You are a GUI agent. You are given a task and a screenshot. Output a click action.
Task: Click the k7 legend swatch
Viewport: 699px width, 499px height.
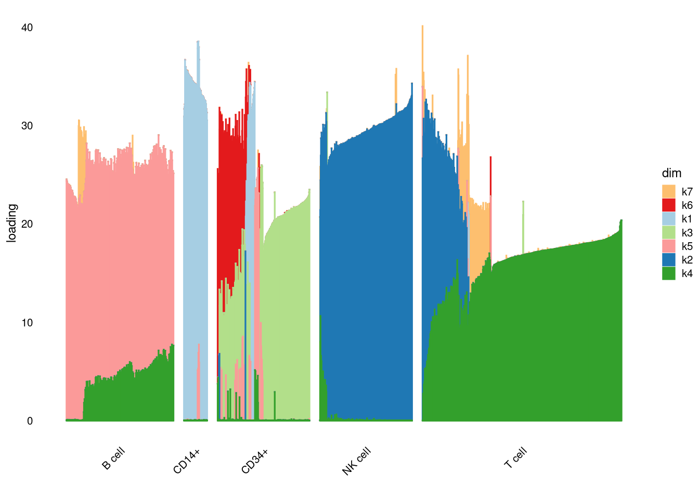[x=668, y=191]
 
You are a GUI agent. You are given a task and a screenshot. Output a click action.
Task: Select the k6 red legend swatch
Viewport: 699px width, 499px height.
[x=668, y=205]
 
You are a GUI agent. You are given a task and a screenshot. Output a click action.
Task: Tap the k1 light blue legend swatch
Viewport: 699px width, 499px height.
[x=668, y=219]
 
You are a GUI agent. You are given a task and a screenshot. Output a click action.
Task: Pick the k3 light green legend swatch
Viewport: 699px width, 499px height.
[x=668, y=232]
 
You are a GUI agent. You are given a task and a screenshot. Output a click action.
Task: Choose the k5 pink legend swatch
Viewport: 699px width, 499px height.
[x=668, y=246]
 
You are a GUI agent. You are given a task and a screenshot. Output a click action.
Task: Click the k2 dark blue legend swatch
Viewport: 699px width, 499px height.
[x=668, y=260]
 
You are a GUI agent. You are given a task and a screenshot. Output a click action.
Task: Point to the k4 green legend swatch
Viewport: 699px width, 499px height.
[x=668, y=273]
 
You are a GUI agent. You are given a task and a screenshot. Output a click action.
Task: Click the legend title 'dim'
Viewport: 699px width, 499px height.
[x=671, y=173]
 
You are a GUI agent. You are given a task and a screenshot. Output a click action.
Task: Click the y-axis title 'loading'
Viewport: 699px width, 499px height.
[x=11, y=223]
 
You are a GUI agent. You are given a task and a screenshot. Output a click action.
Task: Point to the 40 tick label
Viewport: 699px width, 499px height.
[x=27, y=28]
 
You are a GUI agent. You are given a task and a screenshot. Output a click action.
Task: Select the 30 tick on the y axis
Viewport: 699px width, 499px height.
[x=27, y=126]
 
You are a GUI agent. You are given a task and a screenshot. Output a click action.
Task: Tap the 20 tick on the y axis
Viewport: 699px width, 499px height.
[x=27, y=224]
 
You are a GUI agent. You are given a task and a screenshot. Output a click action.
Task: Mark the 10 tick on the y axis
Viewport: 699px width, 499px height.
[x=27, y=323]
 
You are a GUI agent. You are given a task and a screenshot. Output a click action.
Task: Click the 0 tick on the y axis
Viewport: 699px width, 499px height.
[x=30, y=421]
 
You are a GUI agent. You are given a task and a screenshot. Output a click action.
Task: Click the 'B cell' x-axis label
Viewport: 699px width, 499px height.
[x=113, y=458]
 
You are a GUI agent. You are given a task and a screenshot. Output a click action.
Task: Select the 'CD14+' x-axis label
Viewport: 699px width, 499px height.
[x=187, y=461]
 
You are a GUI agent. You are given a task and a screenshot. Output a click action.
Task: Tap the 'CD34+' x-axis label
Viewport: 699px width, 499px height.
[x=255, y=461]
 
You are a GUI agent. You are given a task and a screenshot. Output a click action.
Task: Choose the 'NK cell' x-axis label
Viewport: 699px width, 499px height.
[x=356, y=461]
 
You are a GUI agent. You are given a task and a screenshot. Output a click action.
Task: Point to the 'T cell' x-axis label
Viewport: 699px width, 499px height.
[x=515, y=457]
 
